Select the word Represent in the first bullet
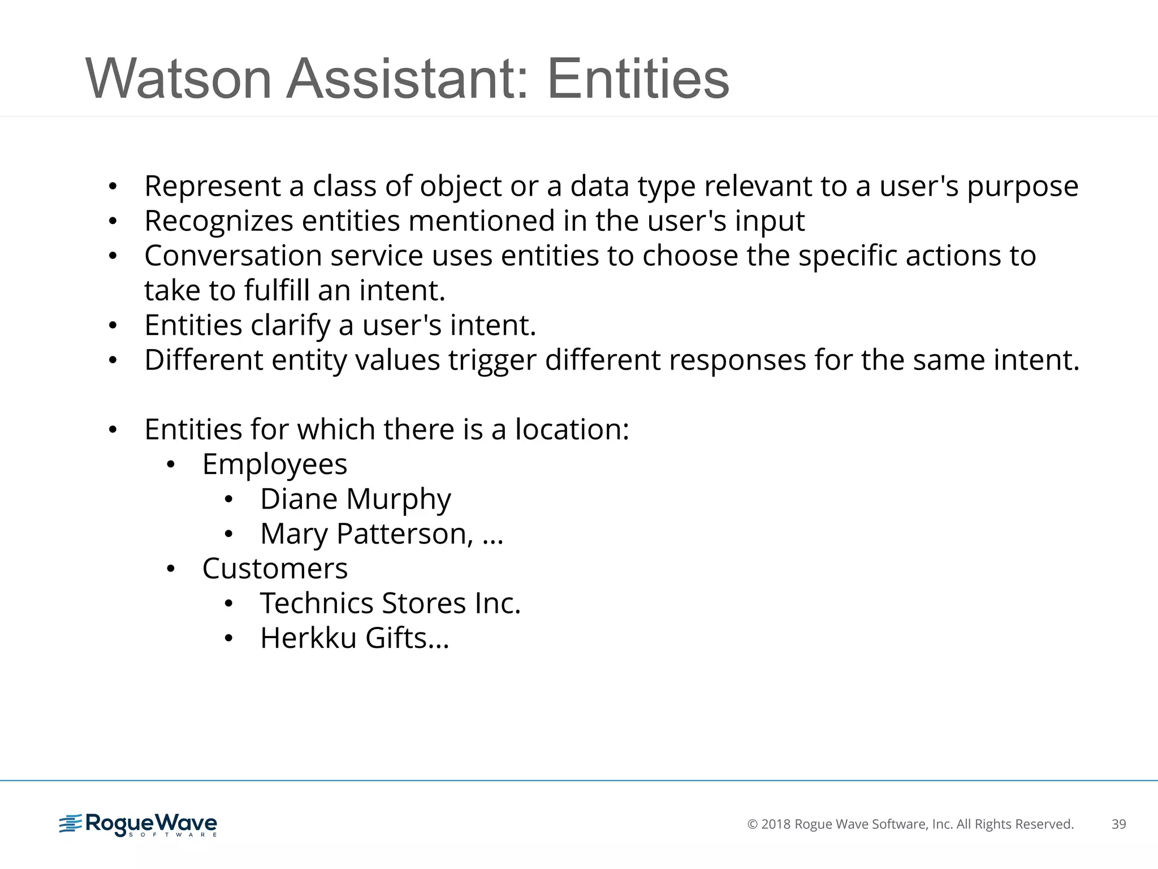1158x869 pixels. click(213, 187)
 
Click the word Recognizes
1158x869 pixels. click(219, 221)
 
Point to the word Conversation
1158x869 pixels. click(233, 256)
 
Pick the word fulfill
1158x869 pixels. click(276, 291)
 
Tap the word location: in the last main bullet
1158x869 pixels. click(572, 429)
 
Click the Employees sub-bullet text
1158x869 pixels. click(275, 464)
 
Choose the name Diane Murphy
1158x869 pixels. click(355, 500)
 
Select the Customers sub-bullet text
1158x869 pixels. click(275, 569)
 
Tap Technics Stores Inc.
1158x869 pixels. click(390, 603)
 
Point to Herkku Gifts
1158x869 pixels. click(354, 638)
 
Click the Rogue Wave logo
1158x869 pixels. click(138, 825)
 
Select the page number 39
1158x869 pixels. click(1118, 824)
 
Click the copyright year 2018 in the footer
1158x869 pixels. click(776, 824)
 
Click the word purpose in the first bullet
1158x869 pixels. click(1022, 187)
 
